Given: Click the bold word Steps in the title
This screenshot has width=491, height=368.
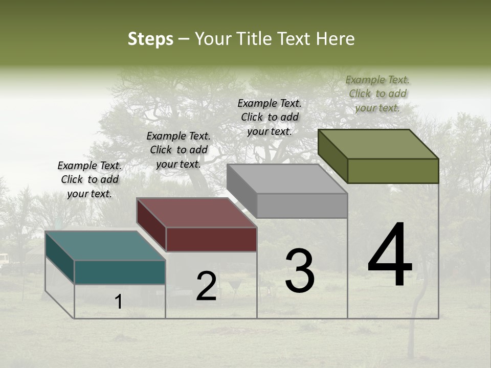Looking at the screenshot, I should pos(150,39).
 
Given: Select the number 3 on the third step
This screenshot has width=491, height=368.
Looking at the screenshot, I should pos(299,271).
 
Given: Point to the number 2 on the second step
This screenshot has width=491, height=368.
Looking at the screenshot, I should pos(207,287).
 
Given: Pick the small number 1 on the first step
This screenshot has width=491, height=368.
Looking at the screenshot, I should pos(119,302).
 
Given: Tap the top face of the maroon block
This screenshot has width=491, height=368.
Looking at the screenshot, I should pos(196,213).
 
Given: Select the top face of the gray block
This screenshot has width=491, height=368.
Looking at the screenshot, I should pos(287,179).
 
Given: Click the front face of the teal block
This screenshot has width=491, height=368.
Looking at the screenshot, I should pos(120,272).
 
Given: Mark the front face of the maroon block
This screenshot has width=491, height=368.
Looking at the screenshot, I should pos(211,239).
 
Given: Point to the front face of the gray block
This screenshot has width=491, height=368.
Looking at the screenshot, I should pos(302,205).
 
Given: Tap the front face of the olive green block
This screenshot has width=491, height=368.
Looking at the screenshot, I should pos(393,171).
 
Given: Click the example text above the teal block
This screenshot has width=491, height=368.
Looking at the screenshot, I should pos(90,180).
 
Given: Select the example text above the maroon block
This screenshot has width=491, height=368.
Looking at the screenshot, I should pos(178,150).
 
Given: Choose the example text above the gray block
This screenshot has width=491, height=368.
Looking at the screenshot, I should pos(270,117).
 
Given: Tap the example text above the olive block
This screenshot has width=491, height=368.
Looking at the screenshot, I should pos(377,94).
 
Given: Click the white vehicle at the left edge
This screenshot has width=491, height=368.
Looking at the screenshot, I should pos(4,261).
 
